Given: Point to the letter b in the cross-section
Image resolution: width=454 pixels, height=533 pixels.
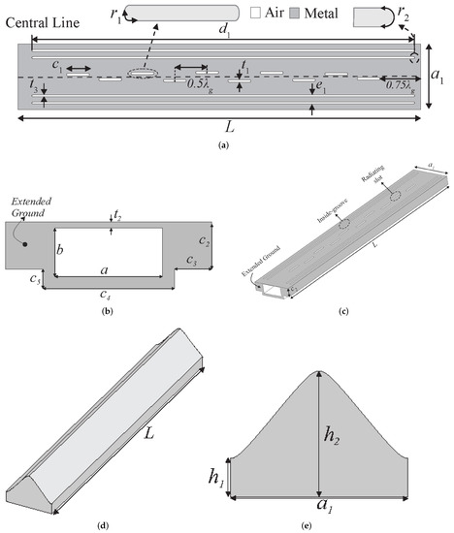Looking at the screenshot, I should pyautogui.click(x=60, y=250).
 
